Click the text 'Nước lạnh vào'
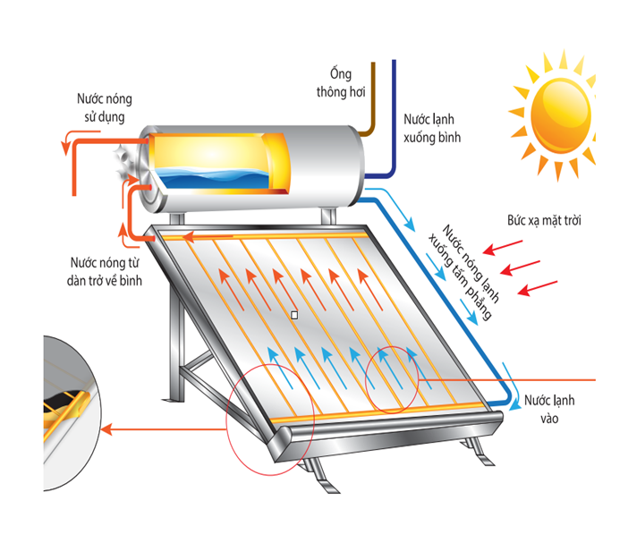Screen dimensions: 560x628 (x=548, y=408)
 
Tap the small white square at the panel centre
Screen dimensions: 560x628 (x=293, y=314)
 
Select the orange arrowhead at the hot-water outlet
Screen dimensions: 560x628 (x=65, y=140)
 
